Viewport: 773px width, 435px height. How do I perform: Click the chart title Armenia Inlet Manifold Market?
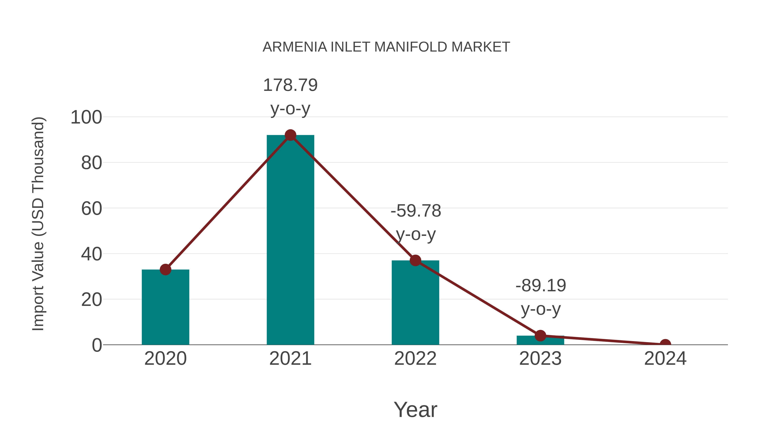386,47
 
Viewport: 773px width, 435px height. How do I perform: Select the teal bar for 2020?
165,309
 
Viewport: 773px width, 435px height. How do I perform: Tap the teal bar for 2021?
290,240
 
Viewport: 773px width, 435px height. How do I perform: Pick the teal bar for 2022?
415,303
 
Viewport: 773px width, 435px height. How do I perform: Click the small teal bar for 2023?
540,340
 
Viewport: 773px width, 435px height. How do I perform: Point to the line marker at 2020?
165,270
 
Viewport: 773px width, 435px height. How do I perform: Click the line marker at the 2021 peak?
290,135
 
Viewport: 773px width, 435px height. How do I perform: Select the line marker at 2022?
415,260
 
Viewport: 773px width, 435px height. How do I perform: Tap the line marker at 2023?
540,336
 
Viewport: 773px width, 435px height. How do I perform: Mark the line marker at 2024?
665,344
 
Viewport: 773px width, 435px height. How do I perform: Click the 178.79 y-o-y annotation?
290,97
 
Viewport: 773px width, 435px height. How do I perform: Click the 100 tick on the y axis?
86,117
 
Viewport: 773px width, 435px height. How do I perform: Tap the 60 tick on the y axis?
91,209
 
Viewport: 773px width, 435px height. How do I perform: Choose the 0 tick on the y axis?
97,345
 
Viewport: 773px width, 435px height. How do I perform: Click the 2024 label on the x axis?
665,359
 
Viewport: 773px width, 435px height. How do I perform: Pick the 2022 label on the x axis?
415,359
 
